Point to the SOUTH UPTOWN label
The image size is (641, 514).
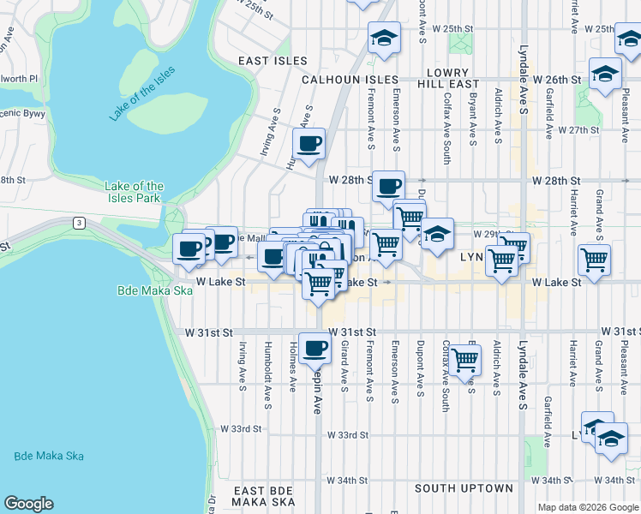tap(464, 488)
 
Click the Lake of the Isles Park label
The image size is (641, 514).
tap(134, 192)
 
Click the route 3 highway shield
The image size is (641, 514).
tap(78, 223)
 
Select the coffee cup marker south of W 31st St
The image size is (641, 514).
tap(315, 347)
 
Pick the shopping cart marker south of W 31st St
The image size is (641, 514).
tap(464, 361)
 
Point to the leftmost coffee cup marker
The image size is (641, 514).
tap(189, 249)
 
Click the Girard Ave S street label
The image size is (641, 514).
tap(344, 363)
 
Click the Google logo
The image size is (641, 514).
tap(28, 504)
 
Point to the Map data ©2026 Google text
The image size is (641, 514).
tap(588, 507)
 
